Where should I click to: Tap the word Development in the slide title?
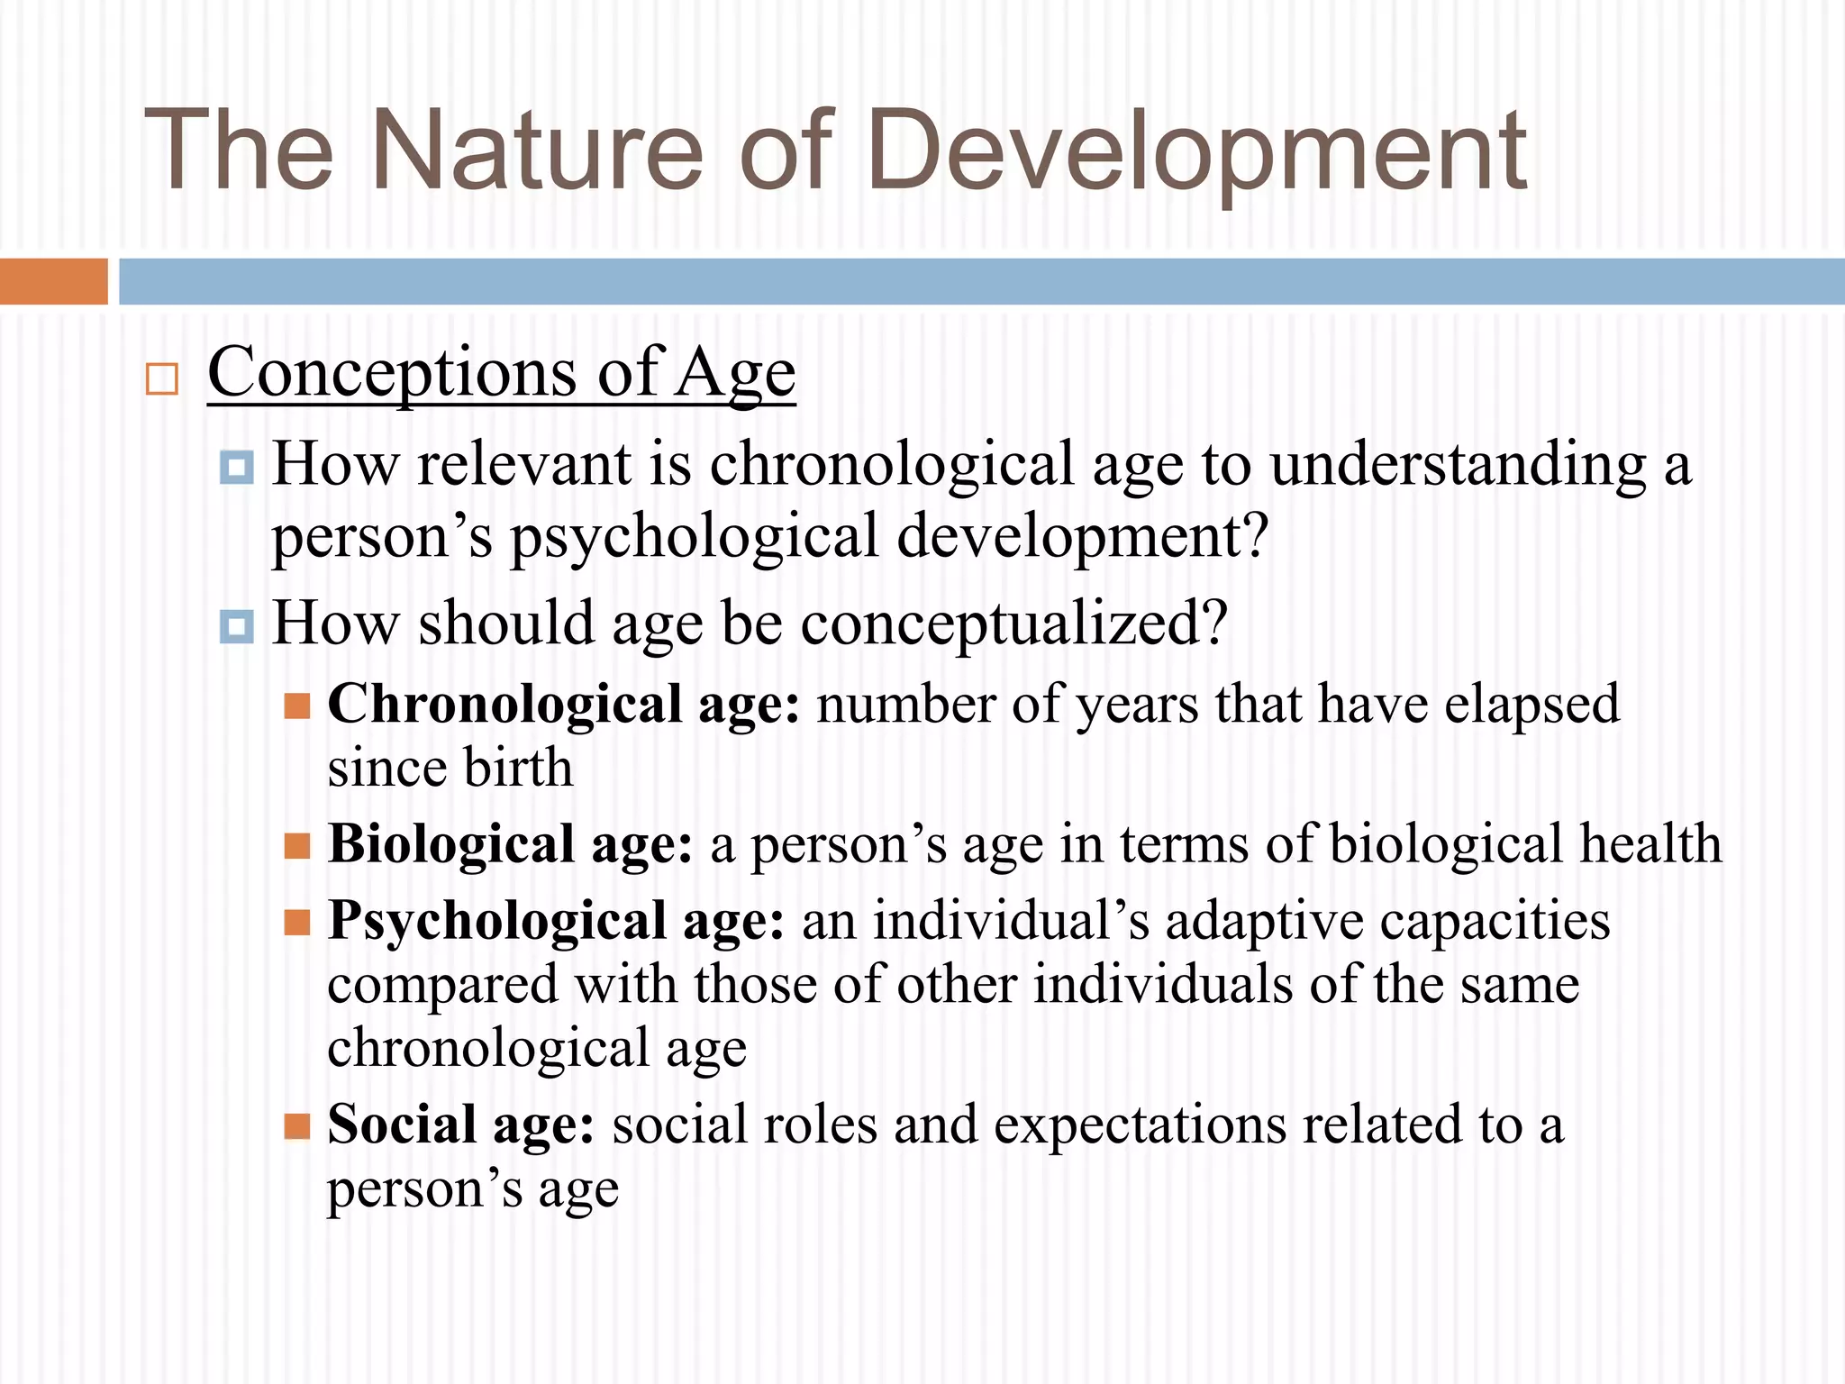pos(1197,151)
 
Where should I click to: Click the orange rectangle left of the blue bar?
pos(53,281)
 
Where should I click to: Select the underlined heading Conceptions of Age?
pos(501,372)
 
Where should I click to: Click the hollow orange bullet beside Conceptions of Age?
pos(162,379)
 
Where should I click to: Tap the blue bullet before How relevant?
pos(237,468)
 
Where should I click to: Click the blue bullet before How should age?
pos(237,626)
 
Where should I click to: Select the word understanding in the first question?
pos(1459,465)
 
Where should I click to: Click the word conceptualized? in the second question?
pos(1014,624)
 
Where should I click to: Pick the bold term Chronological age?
pos(563,705)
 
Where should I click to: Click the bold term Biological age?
pos(510,845)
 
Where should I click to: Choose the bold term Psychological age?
pos(556,922)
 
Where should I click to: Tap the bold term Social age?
pos(460,1125)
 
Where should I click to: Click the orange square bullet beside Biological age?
pos(297,846)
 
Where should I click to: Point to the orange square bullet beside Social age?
pos(297,1126)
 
